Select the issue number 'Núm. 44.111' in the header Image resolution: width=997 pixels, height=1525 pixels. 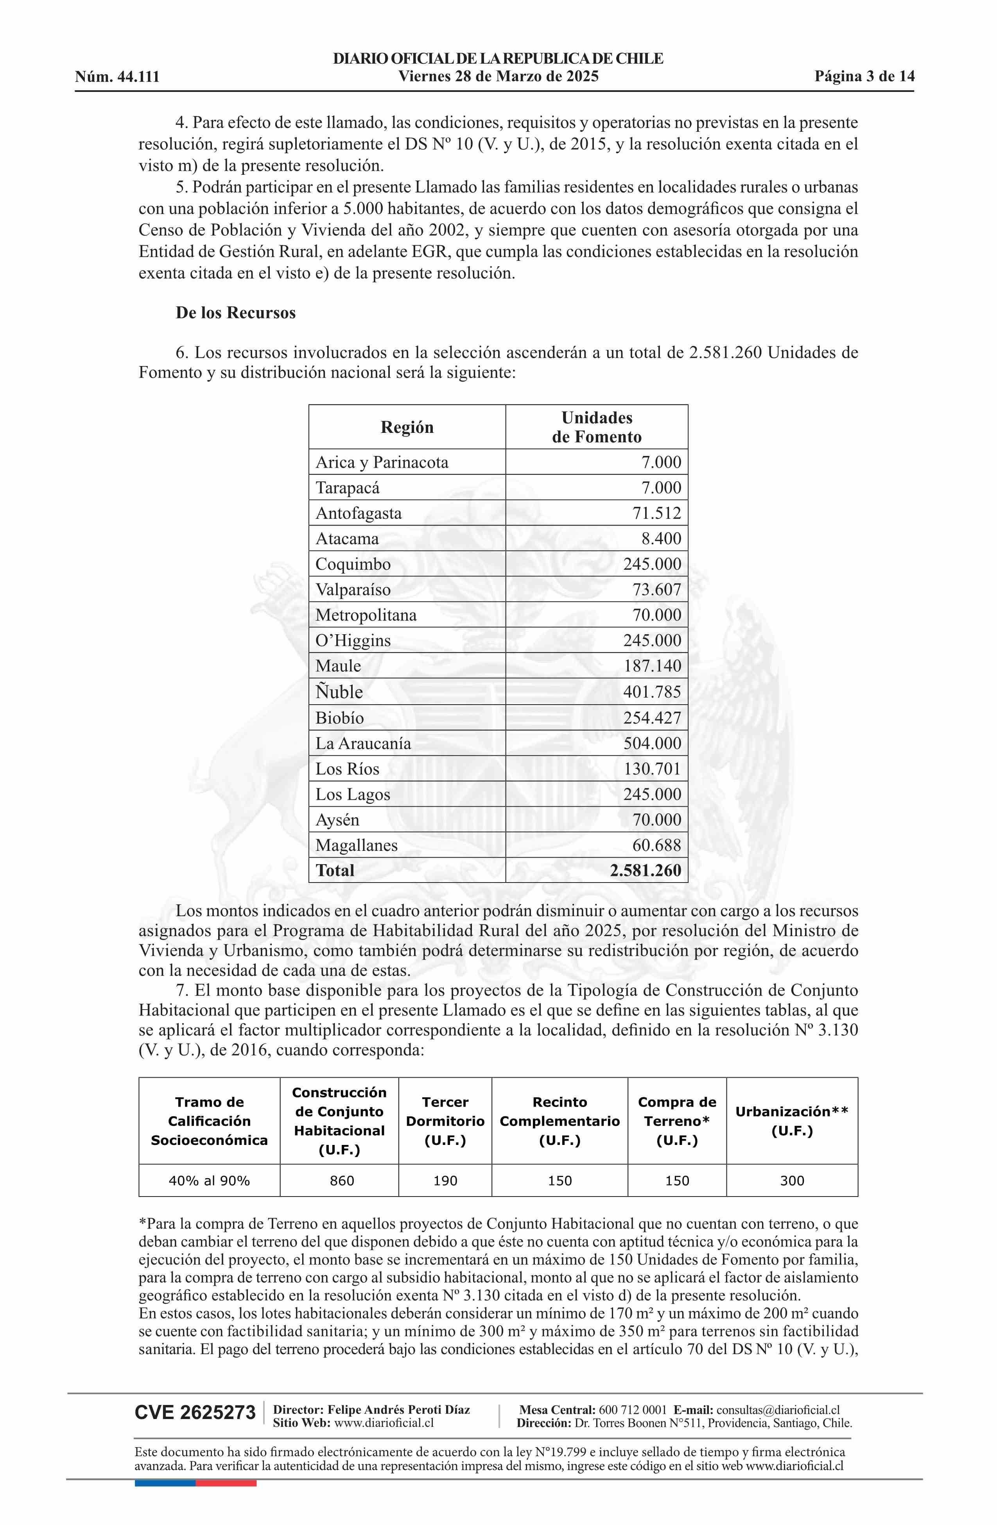117,77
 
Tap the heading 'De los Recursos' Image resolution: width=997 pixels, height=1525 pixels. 236,313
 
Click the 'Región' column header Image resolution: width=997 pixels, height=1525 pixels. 407,427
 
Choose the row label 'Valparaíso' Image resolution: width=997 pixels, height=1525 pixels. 353,590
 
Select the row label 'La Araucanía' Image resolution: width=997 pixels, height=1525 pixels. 363,743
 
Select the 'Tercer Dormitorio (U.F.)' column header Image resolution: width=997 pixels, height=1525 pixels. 445,1121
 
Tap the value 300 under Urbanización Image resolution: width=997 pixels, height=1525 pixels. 792,1180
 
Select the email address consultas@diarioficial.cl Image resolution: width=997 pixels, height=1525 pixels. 778,1410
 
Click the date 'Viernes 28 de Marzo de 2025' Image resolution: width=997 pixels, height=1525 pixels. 498,77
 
